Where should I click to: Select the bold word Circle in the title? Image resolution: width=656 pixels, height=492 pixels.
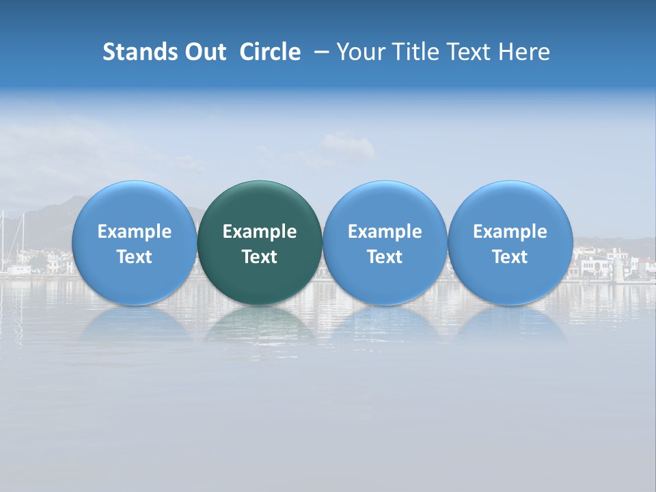pyautogui.click(x=270, y=52)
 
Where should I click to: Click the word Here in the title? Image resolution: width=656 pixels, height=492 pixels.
pyautogui.click(x=523, y=52)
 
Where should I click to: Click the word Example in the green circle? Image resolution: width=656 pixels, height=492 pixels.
pyautogui.click(x=260, y=232)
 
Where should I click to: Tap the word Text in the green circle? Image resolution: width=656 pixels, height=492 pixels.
pyautogui.click(x=260, y=257)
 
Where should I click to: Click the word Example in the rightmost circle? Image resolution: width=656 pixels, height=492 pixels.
pyautogui.click(x=510, y=232)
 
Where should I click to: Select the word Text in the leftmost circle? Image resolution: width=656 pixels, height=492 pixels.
pyautogui.click(x=134, y=257)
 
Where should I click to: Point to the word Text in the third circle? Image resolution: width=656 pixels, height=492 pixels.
pyautogui.click(x=385, y=257)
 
